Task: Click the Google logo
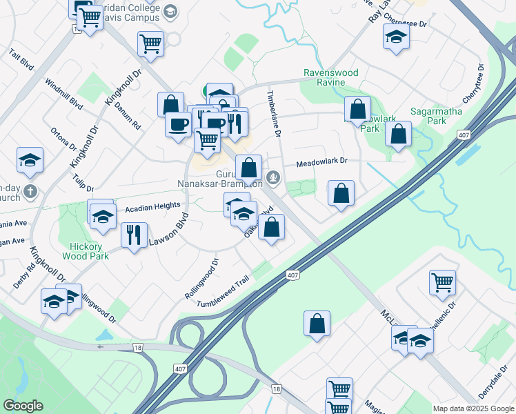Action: point(23,406)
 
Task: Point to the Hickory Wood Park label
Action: point(90,251)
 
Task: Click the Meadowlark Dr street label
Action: point(321,162)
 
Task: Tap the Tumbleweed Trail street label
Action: point(222,293)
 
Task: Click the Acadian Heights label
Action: point(152,206)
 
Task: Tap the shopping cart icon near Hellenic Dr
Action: point(442,281)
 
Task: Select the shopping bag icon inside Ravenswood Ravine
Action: point(357,109)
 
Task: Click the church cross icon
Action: point(29,190)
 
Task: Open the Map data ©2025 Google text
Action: point(473,408)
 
